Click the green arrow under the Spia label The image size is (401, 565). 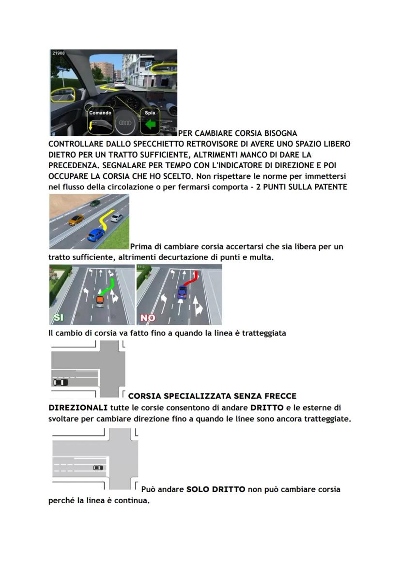pos(151,125)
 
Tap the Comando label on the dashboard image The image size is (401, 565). pos(100,113)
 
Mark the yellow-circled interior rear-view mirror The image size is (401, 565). pos(164,67)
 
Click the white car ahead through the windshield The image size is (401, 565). pos(120,83)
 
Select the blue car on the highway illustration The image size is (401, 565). pos(96,234)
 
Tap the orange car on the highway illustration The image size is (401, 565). pos(76,220)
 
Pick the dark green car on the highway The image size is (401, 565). pos(95,203)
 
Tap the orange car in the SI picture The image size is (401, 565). pos(100,301)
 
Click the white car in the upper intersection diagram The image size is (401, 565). pos(61,382)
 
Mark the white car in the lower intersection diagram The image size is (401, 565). pos(98,467)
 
